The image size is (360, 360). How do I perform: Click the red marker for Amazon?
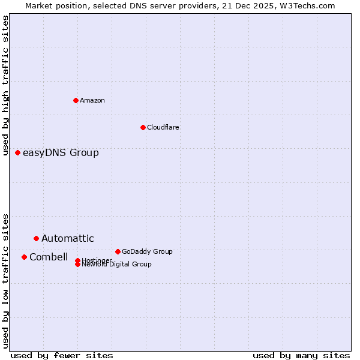tap(76, 100)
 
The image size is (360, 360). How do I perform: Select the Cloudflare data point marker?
tap(143, 127)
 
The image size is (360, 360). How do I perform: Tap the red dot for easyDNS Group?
tap(18, 152)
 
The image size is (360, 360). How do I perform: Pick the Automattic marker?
tap(36, 238)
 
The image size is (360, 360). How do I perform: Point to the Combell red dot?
tap(24, 257)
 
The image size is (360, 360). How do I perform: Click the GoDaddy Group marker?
tap(118, 251)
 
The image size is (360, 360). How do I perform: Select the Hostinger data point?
tap(78, 260)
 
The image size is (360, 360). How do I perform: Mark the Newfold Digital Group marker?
tap(78, 265)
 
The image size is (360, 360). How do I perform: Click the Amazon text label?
tap(92, 100)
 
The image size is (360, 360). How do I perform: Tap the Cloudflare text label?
tap(163, 127)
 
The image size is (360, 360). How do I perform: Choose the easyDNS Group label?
tap(61, 152)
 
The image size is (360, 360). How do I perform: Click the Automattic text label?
tap(68, 238)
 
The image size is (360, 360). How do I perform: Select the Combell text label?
tap(49, 257)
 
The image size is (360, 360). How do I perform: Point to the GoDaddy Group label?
tap(147, 251)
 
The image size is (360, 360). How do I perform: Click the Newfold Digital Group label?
tap(117, 265)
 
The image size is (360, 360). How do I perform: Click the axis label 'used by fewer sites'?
tap(62, 355)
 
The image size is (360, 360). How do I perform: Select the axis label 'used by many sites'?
tap(301, 355)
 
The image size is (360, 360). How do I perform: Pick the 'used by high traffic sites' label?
tap(6, 85)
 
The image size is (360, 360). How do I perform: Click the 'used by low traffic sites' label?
tap(6, 281)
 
